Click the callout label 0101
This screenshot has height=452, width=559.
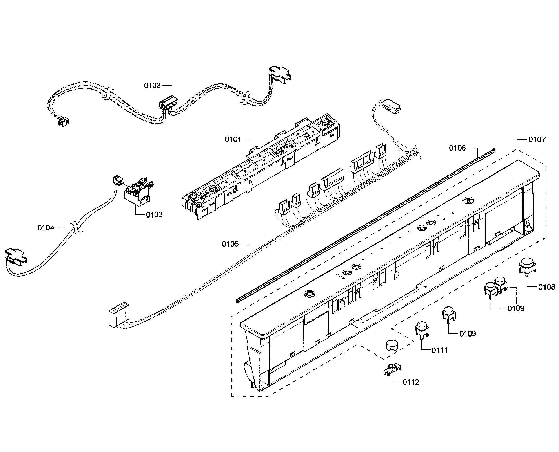(x=233, y=140)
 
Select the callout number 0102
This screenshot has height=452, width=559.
(x=152, y=85)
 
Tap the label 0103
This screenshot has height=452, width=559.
(x=154, y=215)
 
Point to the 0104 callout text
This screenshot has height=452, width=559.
(x=46, y=228)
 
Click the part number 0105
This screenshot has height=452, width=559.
(x=230, y=244)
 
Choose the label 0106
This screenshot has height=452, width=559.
(x=457, y=148)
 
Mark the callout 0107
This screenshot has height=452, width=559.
(x=537, y=140)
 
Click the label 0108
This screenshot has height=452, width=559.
(x=546, y=287)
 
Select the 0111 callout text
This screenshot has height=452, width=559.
(x=440, y=350)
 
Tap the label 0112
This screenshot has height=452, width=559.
(x=411, y=382)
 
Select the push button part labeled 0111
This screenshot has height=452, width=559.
(x=422, y=329)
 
